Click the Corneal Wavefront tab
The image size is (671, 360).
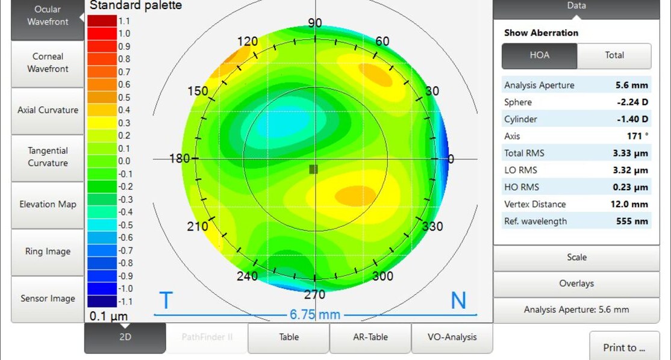click(x=48, y=63)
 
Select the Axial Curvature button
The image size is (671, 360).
click(x=48, y=110)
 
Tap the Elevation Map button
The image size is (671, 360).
click(x=48, y=204)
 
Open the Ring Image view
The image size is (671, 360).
click(x=48, y=252)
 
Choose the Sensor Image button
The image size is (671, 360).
click(x=48, y=299)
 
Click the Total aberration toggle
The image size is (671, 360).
click(x=614, y=55)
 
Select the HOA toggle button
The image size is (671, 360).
click(x=539, y=55)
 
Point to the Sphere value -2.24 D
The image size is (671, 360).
click(x=632, y=102)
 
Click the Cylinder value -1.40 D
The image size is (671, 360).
click(x=632, y=119)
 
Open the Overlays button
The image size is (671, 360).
click(x=576, y=284)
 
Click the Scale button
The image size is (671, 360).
click(x=576, y=258)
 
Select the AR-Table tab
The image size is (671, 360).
click(x=370, y=337)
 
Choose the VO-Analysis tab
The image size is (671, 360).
click(x=452, y=337)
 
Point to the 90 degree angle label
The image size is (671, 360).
click(x=315, y=23)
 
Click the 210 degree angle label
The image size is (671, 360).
click(x=198, y=226)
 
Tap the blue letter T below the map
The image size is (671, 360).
click(x=166, y=300)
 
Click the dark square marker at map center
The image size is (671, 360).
click(x=313, y=170)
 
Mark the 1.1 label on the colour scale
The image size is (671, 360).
click(x=124, y=21)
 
